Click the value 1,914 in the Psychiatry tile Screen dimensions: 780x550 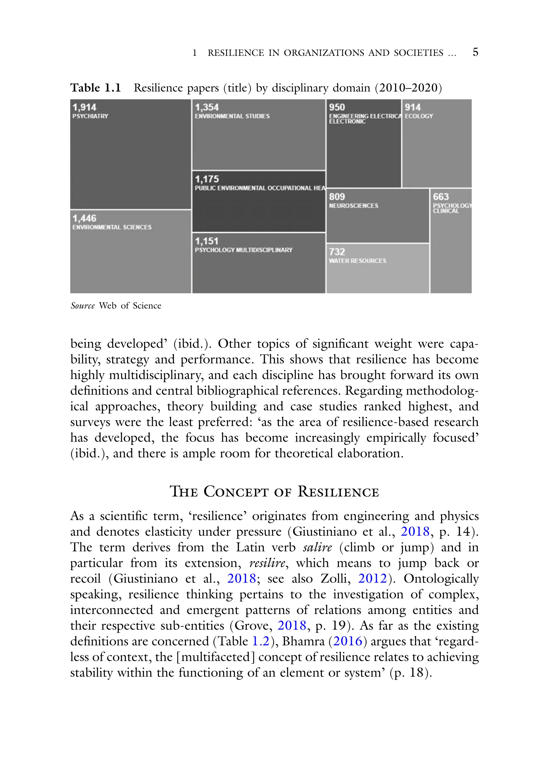pos(84,107)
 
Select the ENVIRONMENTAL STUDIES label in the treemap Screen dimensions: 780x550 pos(232,116)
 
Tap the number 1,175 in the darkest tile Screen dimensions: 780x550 pos(207,179)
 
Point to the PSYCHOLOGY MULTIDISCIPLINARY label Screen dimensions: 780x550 pos(243,250)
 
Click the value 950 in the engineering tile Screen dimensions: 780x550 pos(337,107)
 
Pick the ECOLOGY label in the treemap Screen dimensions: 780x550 pos(419,116)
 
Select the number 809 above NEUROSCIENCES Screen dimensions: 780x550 pos(337,197)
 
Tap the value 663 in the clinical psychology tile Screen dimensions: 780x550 pos(441,197)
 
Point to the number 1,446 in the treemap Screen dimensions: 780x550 pos(84,218)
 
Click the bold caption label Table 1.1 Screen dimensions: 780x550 pos(96,88)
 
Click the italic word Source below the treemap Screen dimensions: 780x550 pos(83,306)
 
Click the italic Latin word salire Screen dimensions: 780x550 pos(317,547)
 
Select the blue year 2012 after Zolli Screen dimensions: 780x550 pos(372,578)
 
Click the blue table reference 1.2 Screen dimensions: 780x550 pos(261,641)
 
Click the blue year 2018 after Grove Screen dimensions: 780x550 pos(292,625)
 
